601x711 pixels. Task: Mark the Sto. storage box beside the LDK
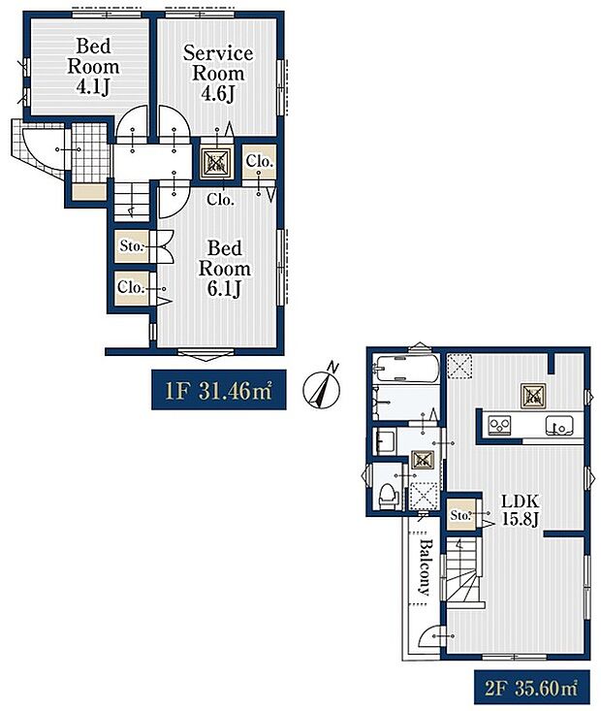(460, 515)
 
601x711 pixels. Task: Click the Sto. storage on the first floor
(132, 246)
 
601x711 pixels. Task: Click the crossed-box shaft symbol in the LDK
(532, 393)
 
